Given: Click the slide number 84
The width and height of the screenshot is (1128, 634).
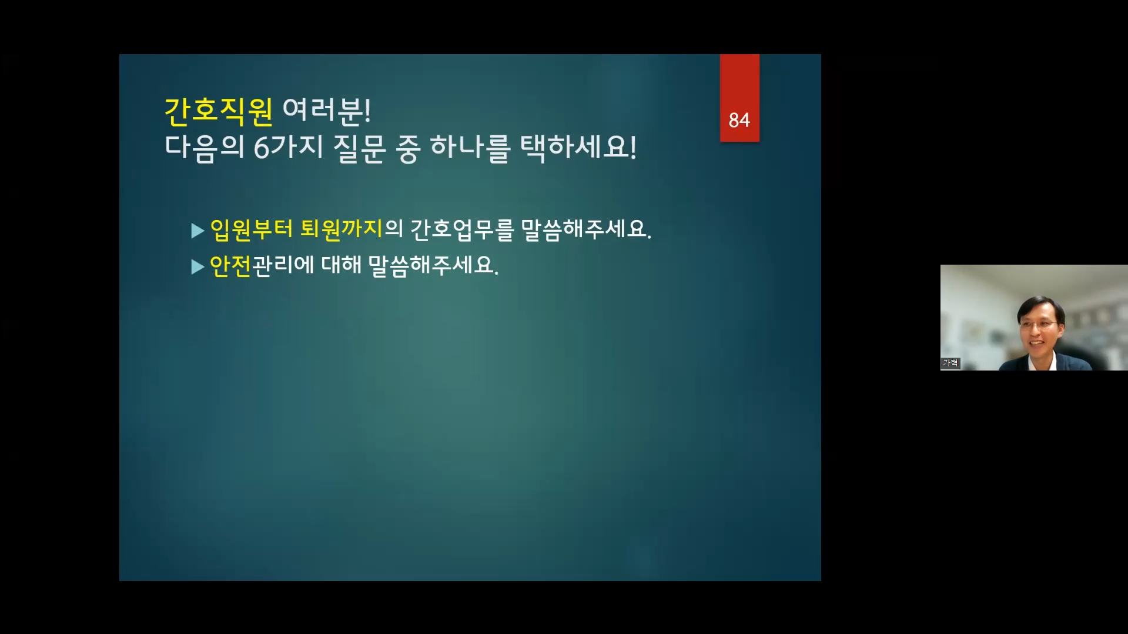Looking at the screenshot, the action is (x=739, y=120).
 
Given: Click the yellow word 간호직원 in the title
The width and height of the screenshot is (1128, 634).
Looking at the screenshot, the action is (x=218, y=111).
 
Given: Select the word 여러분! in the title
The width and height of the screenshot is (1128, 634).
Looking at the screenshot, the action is (x=326, y=110).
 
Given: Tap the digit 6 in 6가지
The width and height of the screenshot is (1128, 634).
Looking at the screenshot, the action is (x=261, y=148).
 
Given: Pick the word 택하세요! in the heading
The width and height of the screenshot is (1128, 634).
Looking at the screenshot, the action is (x=578, y=148).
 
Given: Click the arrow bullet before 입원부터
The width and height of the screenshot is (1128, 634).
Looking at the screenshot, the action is (x=198, y=231).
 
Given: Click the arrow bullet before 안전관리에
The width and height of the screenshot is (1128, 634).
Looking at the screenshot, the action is (x=198, y=267).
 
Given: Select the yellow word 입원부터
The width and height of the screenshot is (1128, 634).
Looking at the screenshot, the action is (x=251, y=229).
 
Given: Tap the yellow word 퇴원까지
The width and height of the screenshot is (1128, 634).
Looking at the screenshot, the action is (x=342, y=229).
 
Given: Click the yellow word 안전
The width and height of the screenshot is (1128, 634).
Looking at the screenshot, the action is (x=230, y=265).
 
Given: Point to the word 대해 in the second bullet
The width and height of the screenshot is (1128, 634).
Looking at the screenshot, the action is (x=341, y=265).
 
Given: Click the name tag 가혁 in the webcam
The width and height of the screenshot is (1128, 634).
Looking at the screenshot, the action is (x=950, y=363).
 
